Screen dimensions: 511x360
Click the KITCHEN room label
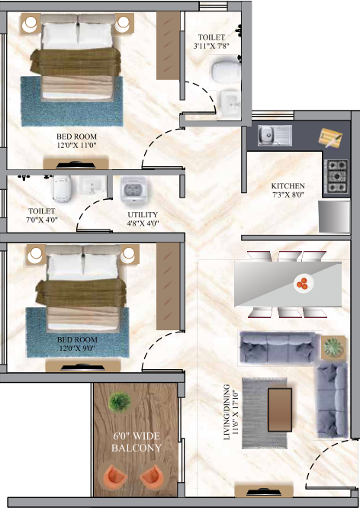point(288,186)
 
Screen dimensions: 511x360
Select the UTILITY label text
point(142,215)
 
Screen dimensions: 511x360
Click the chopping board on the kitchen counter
point(329,137)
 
